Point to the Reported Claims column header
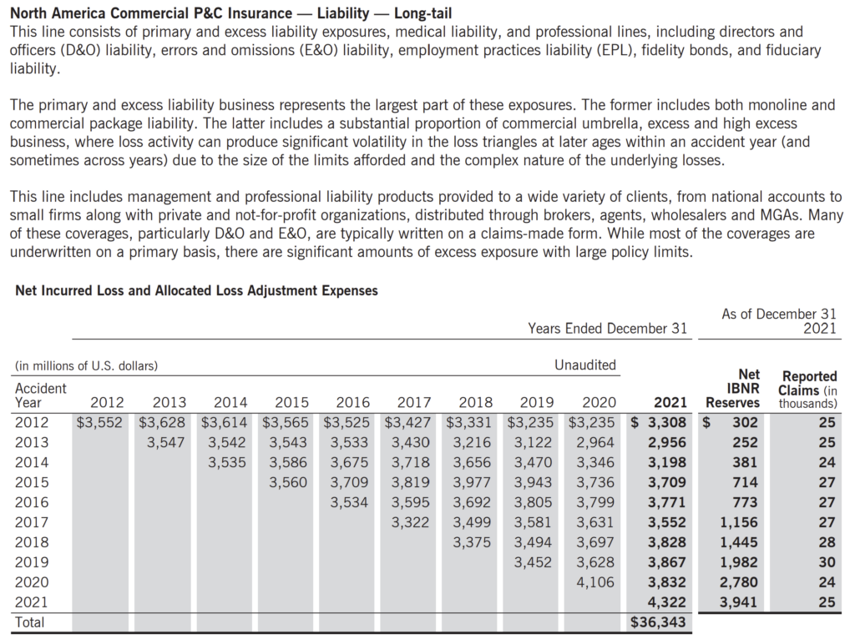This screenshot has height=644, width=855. [807, 390]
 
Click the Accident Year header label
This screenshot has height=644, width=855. [41, 395]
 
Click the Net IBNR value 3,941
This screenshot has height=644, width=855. [739, 602]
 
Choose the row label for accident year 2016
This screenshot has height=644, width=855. [32, 502]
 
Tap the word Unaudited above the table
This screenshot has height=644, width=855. [585, 365]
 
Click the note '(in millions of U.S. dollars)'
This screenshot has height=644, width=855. [87, 365]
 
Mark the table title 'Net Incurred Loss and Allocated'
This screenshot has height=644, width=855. [197, 291]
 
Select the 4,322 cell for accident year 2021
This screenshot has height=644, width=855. [668, 602]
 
